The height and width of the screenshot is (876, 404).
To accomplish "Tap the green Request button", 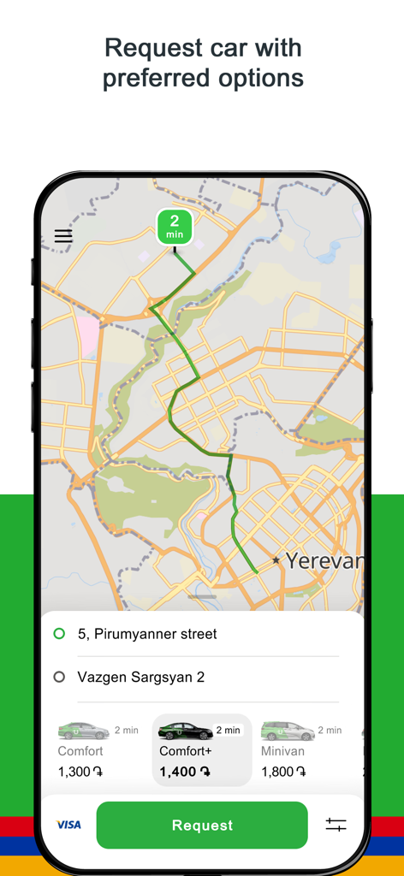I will coord(202,826).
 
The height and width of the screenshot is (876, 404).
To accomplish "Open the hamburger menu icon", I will coord(63,236).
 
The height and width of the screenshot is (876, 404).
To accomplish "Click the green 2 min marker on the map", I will coord(175,228).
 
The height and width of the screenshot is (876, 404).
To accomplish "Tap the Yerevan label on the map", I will coord(324,561).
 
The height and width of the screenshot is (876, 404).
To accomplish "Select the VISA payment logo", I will coord(68,825).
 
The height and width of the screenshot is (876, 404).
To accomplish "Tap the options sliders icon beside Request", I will coord(336,825).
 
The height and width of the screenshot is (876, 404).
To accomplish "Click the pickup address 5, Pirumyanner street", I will coord(147,634).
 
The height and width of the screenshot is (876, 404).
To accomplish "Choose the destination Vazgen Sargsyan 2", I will coord(141,677).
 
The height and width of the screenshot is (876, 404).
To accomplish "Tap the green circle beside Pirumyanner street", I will coord(59,634).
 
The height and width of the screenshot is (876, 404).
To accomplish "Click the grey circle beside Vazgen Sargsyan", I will coord(59,677).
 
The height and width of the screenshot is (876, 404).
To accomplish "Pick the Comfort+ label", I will coord(186,751).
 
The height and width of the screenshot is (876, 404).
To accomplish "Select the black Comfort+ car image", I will coord(185,731).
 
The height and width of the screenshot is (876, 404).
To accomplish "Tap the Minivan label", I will coord(283,751).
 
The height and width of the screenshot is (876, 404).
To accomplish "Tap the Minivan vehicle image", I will coord(288,731).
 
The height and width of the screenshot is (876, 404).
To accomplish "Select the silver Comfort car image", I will coord(83,731).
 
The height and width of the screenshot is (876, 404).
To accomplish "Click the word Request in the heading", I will coord(148,47).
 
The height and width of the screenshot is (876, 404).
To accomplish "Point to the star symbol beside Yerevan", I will coord(276,560).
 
